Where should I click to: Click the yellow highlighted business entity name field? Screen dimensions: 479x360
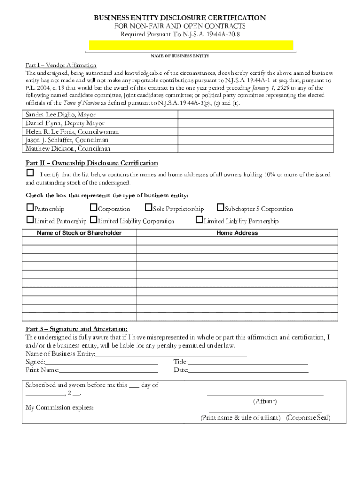191,45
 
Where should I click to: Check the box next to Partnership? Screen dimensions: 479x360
30,208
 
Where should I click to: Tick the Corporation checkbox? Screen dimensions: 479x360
94,208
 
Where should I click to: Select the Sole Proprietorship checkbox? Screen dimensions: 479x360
149,208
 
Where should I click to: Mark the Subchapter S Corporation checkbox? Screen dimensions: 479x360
221,208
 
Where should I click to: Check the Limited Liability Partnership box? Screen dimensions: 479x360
200,220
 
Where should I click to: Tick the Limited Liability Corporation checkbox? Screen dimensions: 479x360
94,220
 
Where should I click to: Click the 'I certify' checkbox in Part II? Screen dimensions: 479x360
29,174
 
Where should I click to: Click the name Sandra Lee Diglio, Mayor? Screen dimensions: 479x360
60,115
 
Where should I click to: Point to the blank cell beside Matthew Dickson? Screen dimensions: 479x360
256,148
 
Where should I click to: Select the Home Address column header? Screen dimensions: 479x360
237,233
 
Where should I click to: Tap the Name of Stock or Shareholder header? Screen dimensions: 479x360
79,233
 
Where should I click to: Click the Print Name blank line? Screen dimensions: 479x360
108,371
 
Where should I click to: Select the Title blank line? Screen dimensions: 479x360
248,363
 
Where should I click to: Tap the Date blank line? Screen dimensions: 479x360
248,371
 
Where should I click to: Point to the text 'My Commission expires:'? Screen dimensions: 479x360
59,408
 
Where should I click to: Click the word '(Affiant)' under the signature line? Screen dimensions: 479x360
265,401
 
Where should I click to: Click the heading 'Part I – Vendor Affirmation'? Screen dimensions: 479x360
61,65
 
